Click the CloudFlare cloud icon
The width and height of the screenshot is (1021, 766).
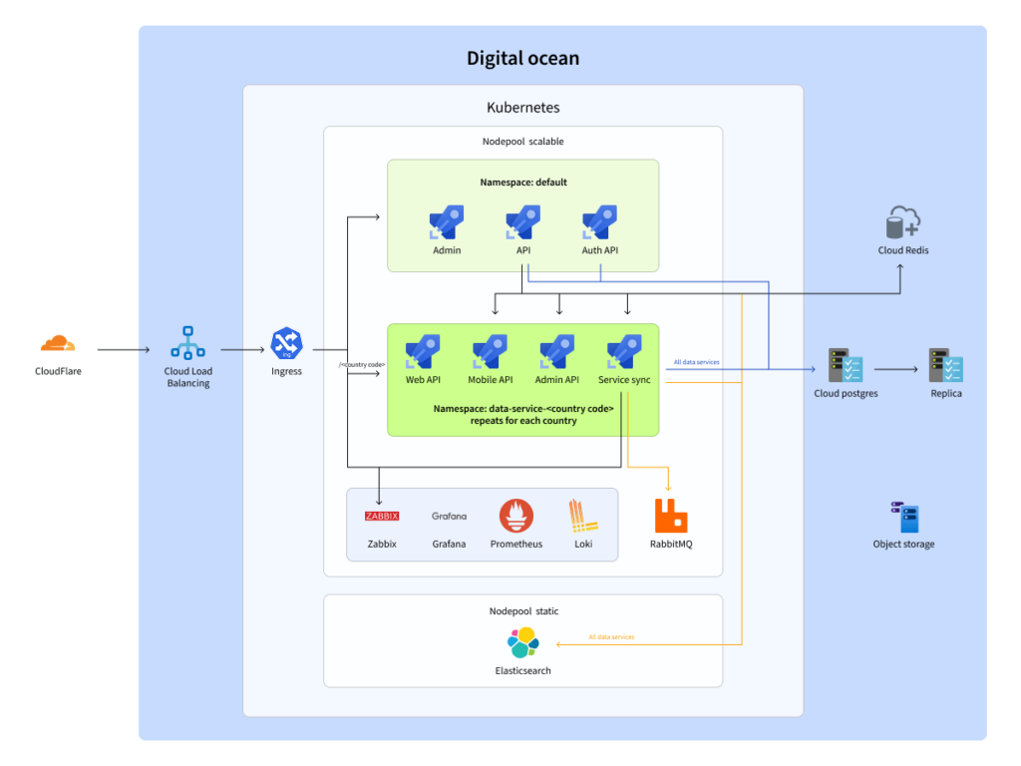(x=57, y=344)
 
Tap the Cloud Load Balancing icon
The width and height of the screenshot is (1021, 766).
(x=188, y=342)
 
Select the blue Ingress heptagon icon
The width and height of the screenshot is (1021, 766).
(x=286, y=344)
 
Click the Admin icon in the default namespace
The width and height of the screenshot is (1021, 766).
(x=447, y=222)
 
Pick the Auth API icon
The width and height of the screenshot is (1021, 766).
(x=599, y=222)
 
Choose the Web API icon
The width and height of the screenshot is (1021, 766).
(x=423, y=352)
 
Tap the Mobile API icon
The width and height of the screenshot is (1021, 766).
(x=490, y=352)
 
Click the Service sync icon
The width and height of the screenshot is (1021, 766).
(x=625, y=352)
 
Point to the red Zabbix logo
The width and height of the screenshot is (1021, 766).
(x=382, y=516)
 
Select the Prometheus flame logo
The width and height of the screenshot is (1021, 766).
(x=516, y=516)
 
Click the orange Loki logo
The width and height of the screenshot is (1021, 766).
(x=582, y=516)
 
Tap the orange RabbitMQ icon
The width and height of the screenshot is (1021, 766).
(x=671, y=516)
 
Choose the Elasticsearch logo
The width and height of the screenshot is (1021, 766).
(x=522, y=643)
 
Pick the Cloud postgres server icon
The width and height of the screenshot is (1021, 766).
(x=846, y=366)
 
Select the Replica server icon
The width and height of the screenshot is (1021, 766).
(x=945, y=366)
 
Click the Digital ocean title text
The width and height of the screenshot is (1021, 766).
(x=522, y=58)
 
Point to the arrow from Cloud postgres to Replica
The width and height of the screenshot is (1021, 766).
(x=895, y=369)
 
